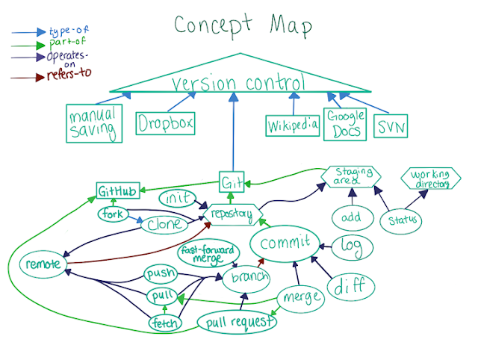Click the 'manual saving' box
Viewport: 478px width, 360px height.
(93, 125)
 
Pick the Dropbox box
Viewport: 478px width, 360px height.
(165, 123)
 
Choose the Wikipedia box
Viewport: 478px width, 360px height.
(292, 125)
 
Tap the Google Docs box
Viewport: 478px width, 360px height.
(344, 123)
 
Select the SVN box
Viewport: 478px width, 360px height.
(391, 127)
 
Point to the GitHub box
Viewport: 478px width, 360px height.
(118, 191)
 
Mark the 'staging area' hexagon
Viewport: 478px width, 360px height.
(350, 178)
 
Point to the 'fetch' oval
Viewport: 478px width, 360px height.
(164, 323)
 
